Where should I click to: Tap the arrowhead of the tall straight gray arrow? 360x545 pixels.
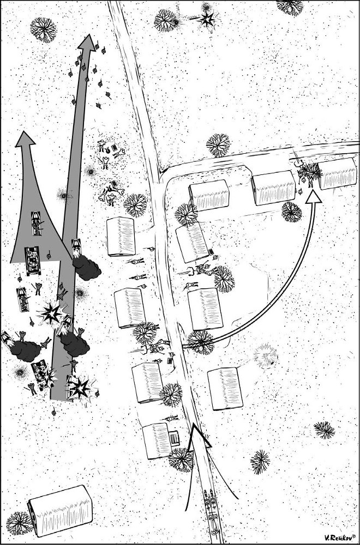(87, 43)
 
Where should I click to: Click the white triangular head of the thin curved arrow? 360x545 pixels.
(314, 196)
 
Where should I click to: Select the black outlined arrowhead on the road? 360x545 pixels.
(198, 436)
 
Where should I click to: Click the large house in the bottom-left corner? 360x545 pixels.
(61, 510)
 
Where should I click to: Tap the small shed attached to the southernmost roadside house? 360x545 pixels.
(174, 438)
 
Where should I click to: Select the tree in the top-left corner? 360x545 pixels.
(44, 29)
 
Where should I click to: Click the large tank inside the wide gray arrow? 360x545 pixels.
(32, 261)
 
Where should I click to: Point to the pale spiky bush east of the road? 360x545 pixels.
(266, 355)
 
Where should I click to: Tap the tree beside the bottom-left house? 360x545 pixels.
(19, 523)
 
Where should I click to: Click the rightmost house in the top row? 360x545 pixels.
(338, 173)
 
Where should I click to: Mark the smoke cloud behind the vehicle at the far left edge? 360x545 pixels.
(26, 350)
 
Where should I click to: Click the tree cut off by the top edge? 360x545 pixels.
(290, 7)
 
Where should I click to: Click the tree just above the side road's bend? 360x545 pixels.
(218, 145)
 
